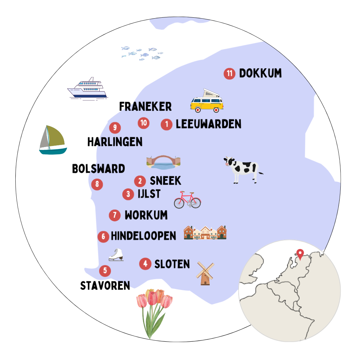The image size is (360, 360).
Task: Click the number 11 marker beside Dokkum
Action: [230, 73]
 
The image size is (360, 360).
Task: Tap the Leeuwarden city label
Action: [208, 124]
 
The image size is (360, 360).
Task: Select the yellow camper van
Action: [207, 101]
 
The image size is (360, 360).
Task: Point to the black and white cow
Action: [243, 169]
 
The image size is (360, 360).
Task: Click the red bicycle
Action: [187, 200]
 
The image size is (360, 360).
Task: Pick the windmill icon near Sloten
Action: [205, 273]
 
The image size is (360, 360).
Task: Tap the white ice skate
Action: [116, 255]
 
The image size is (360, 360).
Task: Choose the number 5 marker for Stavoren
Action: [105, 271]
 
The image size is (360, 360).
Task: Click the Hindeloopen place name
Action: [143, 236]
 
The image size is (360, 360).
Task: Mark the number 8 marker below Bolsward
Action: [97, 184]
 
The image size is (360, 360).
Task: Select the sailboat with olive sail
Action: [52, 140]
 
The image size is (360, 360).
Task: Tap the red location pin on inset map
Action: [300, 254]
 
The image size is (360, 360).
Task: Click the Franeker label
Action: [145, 107]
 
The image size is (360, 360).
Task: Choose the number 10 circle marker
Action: [144, 123]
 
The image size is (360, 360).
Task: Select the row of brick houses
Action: [205, 233]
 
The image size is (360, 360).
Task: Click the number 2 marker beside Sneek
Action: [140, 181]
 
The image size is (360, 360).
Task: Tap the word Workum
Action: [146, 215]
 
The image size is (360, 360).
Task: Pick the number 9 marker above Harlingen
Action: [115, 127]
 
